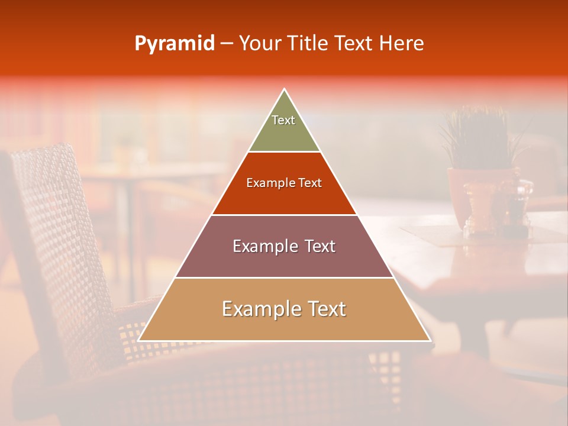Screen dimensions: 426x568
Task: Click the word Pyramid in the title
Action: [x=174, y=44]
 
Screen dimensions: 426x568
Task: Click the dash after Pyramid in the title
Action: [x=227, y=44]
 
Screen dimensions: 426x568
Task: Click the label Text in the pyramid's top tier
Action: [x=283, y=120]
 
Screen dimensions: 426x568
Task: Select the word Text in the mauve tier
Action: [x=319, y=246]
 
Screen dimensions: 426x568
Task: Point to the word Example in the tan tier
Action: [x=257, y=309]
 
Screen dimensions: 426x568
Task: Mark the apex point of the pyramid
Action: [x=285, y=89]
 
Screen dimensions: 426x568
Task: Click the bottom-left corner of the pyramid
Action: [x=138, y=340]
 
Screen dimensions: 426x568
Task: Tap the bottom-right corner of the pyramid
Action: [x=430, y=340]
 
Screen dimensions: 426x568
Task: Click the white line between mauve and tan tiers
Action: [x=284, y=277]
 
